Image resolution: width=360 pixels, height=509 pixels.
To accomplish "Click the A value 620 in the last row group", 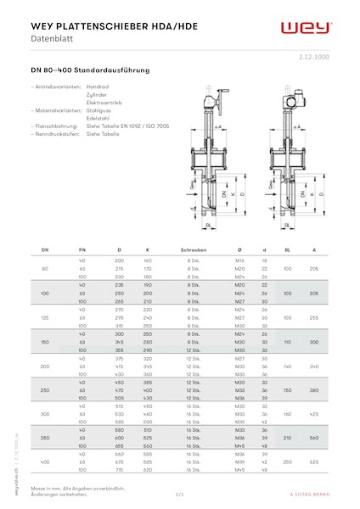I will click(313, 461).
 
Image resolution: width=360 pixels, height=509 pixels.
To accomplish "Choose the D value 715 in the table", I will click(120, 469).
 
